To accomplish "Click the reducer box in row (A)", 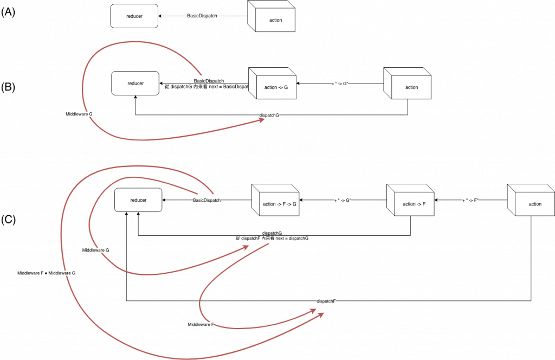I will (x=134, y=16).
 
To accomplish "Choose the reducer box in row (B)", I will (x=135, y=83).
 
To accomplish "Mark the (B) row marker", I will (x=8, y=87).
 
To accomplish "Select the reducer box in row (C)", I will (x=138, y=201).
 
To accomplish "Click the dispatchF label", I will (x=327, y=301).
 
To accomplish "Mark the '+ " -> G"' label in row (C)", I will (x=342, y=201).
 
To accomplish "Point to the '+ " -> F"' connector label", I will (x=471, y=201).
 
